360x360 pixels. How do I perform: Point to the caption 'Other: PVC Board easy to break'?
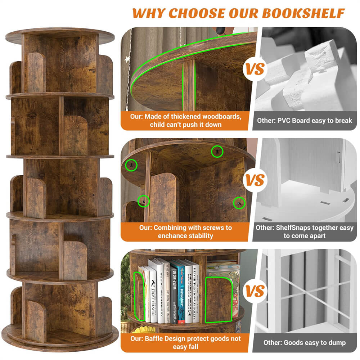(x=304, y=121)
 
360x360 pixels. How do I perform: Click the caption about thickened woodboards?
(x=185, y=121)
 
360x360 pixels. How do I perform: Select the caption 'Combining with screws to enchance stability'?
(x=185, y=231)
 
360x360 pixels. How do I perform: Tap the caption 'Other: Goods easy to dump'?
(x=304, y=342)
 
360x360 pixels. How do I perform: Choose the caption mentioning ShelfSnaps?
(x=304, y=231)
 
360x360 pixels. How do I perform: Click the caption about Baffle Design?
(x=185, y=342)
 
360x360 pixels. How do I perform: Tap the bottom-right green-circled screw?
(x=239, y=203)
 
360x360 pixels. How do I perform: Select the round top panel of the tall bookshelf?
(x=60, y=35)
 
